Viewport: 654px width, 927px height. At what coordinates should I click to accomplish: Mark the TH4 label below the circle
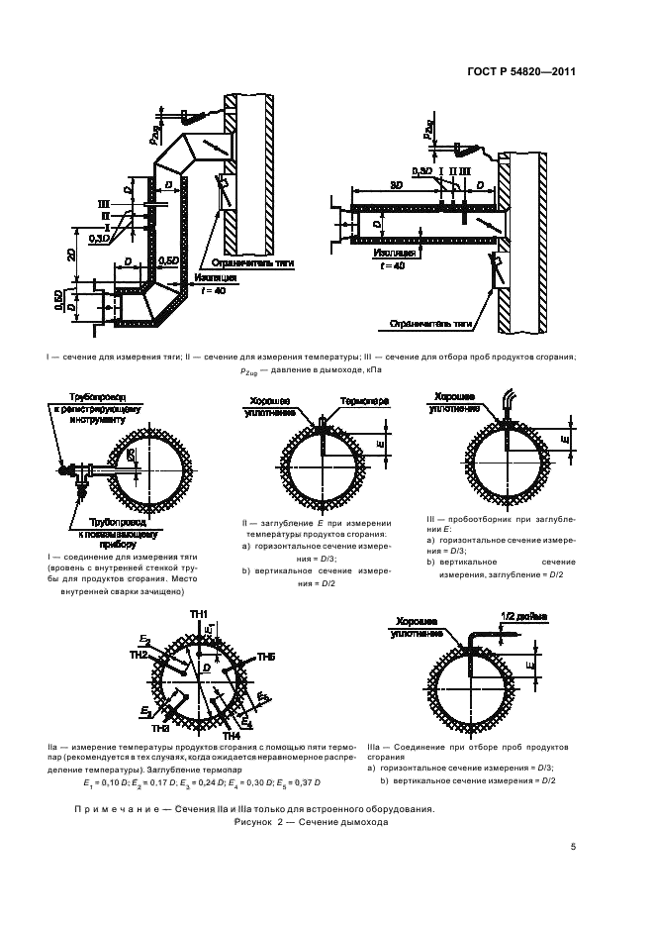[x=232, y=736]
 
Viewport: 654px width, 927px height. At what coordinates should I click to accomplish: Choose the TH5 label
[x=266, y=657]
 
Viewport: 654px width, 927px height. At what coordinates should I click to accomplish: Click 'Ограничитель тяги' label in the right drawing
[x=427, y=323]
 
